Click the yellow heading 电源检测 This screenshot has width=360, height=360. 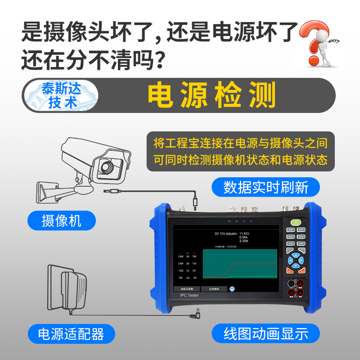(212, 96)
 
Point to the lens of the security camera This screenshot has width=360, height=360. (108, 167)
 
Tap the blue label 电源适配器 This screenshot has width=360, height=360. (71, 333)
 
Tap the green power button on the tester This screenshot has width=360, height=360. (295, 222)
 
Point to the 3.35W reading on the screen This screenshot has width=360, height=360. (243, 241)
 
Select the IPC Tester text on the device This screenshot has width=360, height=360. (189, 295)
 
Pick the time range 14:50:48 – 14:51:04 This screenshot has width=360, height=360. (225, 247)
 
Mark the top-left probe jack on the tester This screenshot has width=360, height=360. (291, 283)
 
